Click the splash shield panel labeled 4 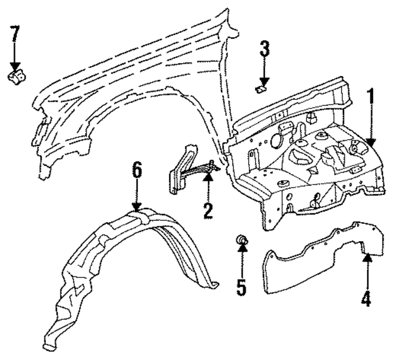click(x=309, y=260)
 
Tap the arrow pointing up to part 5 click(x=243, y=260)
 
